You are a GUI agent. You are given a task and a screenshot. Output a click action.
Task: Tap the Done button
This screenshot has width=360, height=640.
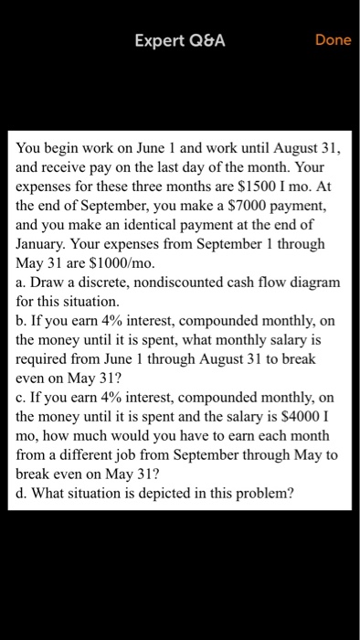point(333,40)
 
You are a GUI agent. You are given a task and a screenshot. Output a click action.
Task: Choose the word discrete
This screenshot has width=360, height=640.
point(104,283)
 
